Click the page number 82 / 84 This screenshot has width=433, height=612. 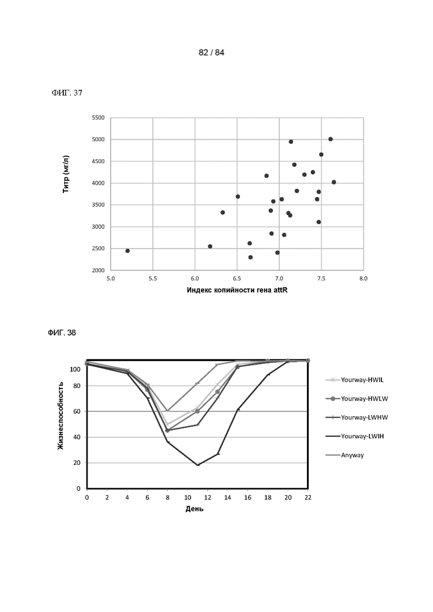[212, 53]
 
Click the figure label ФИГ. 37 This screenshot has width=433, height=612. [67, 93]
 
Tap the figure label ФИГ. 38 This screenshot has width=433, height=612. [62, 332]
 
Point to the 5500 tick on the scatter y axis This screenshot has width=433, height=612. [98, 118]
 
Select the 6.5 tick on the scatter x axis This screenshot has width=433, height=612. [237, 279]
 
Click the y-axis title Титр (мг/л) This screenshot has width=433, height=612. [66, 174]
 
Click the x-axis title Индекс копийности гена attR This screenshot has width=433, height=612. [237, 290]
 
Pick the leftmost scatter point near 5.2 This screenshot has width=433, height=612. [128, 251]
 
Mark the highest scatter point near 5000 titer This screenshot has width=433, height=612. [330, 139]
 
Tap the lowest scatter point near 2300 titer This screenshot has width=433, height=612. [251, 257]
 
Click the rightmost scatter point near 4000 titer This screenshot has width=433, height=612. [334, 183]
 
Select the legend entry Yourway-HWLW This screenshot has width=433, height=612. [357, 398]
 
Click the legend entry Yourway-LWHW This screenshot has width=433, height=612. [357, 417]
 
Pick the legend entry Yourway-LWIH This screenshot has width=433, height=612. [355, 436]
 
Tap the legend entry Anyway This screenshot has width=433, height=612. [345, 455]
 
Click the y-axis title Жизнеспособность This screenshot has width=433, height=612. [61, 416]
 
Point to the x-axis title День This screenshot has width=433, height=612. [194, 509]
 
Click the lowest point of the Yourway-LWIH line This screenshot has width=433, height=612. [198, 465]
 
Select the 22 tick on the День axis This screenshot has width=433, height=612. [308, 498]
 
